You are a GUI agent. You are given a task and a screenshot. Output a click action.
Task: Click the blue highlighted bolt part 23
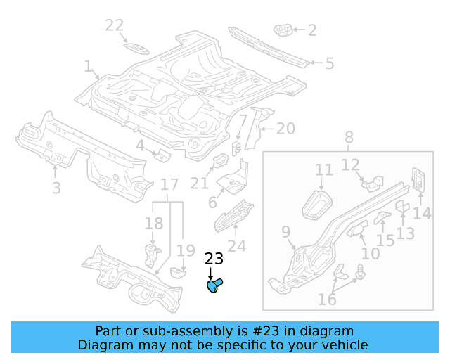pyautogui.click(x=214, y=285)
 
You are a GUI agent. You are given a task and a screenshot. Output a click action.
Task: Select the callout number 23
pyautogui.click(x=214, y=259)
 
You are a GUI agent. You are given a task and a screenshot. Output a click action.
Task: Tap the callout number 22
pyautogui.click(x=115, y=25)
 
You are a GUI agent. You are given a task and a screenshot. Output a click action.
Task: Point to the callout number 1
pyautogui.click(x=89, y=67)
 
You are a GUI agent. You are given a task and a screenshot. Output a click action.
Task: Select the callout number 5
pyautogui.click(x=329, y=64)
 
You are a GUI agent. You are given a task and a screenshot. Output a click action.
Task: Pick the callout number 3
pyautogui.click(x=56, y=188)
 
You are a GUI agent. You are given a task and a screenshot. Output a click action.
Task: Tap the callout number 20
pyautogui.click(x=285, y=129)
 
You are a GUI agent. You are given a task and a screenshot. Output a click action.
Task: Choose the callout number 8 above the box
pyautogui.click(x=349, y=138)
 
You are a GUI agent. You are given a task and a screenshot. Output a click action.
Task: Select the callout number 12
pyautogui.click(x=350, y=165)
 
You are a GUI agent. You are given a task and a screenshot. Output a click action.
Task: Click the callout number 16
pyautogui.click(x=327, y=300)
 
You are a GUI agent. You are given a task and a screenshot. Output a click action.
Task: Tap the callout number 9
pyautogui.click(x=285, y=231)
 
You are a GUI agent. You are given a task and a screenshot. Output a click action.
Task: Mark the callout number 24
pyautogui.click(x=237, y=246)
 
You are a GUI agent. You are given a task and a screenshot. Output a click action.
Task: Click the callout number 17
pyautogui.click(x=169, y=186)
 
